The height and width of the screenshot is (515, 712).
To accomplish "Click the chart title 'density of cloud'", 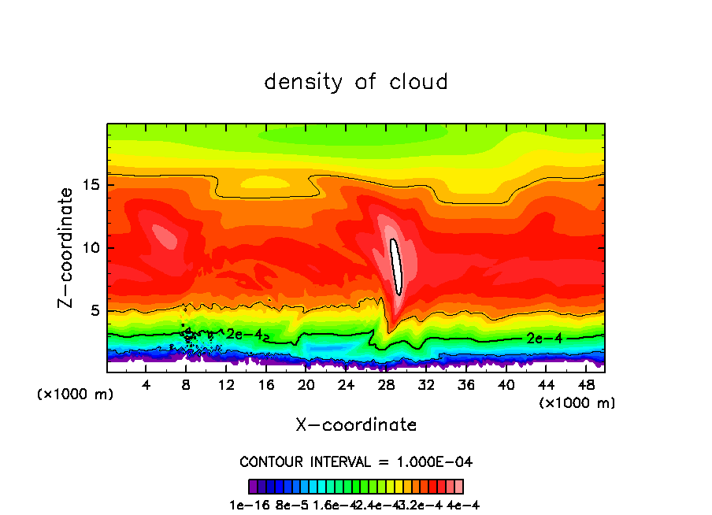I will (356, 82).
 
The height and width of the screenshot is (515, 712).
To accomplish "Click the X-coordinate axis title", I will (356, 425).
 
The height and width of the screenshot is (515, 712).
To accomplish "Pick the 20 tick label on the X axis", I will (306, 386).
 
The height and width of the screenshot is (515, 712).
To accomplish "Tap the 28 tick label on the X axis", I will (386, 386).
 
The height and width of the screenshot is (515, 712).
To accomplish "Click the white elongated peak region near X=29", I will (398, 265).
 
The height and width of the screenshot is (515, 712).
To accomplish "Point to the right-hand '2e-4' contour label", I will (543, 339).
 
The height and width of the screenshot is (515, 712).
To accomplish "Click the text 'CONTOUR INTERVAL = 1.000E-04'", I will (356, 461).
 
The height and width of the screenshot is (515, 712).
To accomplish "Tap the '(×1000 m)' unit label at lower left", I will (76, 395).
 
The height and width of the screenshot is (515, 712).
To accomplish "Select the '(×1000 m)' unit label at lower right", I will (577, 403).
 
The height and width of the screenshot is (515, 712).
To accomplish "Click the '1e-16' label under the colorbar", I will (245, 504).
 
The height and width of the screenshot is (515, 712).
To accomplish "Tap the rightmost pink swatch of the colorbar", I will (458, 486).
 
